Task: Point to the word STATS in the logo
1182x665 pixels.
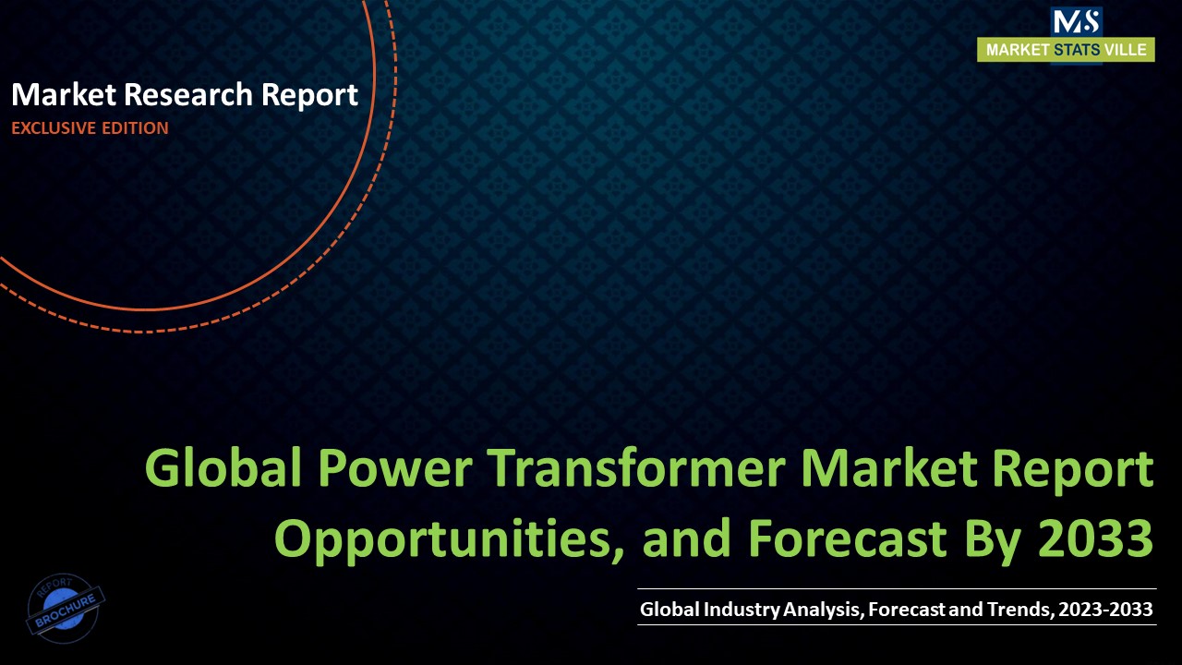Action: pos(1077,50)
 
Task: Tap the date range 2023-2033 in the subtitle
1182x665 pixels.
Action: pos(1106,610)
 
